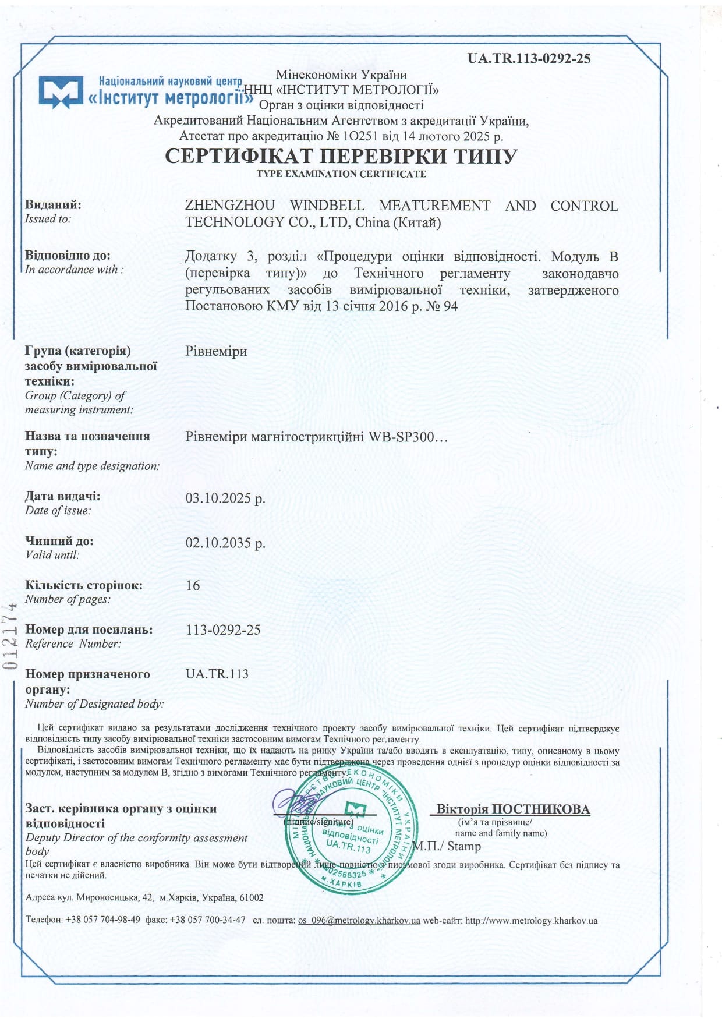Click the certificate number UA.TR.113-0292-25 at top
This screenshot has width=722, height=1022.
(529, 58)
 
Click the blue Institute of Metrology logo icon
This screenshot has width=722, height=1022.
(61, 91)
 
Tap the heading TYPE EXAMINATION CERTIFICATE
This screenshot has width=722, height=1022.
(341, 174)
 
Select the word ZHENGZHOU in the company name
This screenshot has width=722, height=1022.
(230, 206)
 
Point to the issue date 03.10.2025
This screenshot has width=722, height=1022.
(225, 498)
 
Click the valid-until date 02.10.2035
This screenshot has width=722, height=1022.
(225, 543)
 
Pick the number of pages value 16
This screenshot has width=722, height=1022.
(193, 585)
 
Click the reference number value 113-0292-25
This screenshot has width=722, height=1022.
(223, 630)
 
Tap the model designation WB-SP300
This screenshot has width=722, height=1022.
(402, 436)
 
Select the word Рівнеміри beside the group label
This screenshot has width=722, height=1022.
(216, 351)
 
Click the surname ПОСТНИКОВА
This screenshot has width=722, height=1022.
(541, 809)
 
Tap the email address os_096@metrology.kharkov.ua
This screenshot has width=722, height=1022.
(359, 921)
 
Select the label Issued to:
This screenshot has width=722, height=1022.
(48, 219)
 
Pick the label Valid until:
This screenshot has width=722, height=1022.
(52, 555)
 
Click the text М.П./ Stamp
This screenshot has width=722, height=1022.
(447, 846)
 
